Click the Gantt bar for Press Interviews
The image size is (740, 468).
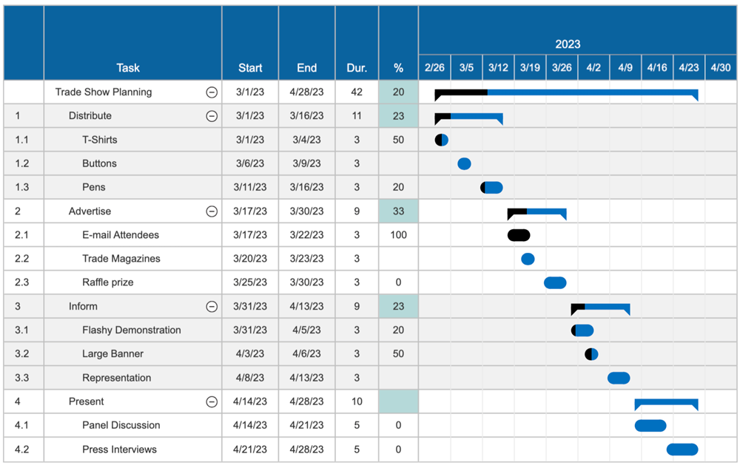682,450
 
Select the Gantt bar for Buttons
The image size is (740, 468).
464,163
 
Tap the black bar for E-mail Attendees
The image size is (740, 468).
519,235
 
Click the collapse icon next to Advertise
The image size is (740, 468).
212,211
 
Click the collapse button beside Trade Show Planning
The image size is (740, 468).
212,92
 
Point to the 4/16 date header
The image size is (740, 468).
657,67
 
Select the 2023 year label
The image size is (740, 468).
568,44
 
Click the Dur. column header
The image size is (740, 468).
357,68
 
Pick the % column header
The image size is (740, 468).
398,68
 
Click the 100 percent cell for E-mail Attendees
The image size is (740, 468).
398,235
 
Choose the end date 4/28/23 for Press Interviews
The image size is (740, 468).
306,450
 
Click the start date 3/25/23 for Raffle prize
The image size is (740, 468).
250,282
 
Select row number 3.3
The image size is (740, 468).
22,378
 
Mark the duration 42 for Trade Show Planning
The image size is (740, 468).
357,92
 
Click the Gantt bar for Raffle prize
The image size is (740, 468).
555,282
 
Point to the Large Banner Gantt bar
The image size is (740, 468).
591,354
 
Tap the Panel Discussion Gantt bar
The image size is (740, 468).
650,425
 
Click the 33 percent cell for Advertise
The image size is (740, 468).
398,211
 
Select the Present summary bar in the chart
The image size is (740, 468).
666,402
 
